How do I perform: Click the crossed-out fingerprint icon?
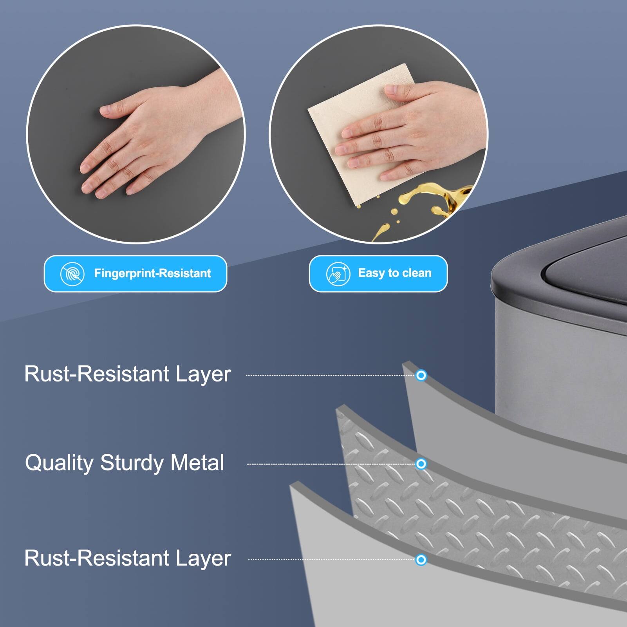pos(72,273)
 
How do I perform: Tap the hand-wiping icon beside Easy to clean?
pos(338,274)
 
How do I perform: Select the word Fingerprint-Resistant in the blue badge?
pos(152,273)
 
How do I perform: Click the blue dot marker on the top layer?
pos(421,375)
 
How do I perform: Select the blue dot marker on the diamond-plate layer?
pos(421,464)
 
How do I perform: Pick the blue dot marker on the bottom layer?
pos(421,560)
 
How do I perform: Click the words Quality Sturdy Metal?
pos(125,463)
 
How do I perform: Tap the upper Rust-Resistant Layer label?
pos(127,374)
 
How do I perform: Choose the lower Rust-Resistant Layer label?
pos(127,558)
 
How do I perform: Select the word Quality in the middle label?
pos(59,463)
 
